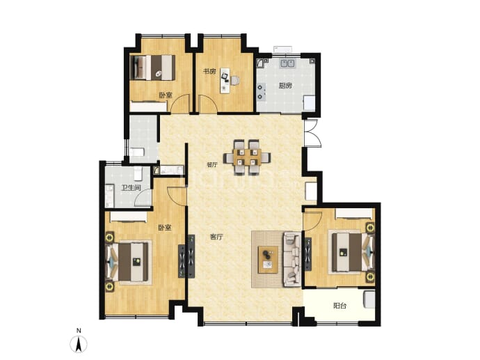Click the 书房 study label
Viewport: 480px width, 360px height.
209,72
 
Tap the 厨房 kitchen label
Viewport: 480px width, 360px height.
285,86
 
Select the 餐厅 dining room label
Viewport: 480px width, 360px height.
212,164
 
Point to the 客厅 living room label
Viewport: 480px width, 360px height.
216,237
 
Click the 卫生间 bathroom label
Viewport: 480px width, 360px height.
131,187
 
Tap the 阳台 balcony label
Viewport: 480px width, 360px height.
339,306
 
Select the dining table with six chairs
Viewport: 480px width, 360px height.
248,157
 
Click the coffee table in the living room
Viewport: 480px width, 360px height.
268,260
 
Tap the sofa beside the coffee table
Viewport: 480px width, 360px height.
292,259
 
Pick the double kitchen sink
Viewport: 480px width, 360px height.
288,63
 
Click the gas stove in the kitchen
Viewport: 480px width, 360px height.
261,92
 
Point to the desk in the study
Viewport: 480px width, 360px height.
225,81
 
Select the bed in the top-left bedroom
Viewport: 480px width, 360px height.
152,68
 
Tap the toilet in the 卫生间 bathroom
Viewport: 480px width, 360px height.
138,173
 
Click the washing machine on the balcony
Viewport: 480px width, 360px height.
369,299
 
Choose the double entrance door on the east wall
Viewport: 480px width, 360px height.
312,134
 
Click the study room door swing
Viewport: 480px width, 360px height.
208,104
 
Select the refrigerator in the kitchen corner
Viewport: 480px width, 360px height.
309,103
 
